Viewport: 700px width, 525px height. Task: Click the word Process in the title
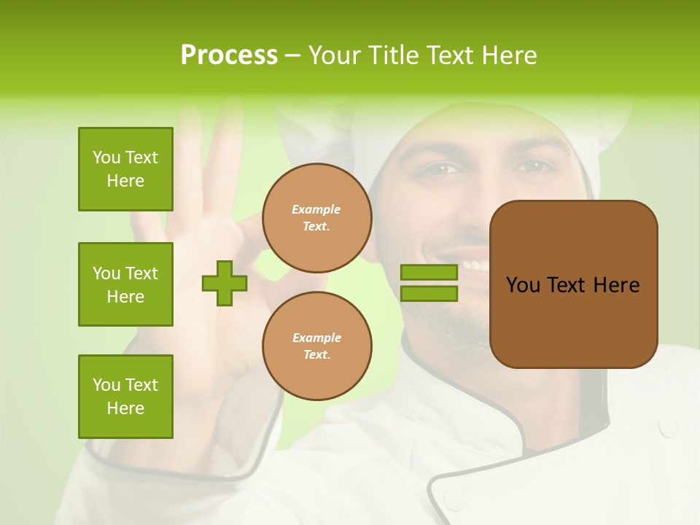point(229,55)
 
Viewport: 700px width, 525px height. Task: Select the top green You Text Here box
point(125,169)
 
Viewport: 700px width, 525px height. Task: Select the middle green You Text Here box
point(125,284)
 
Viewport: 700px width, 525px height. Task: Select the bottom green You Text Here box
point(125,397)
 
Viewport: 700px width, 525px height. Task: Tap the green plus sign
point(225,284)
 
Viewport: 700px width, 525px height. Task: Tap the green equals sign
point(429,283)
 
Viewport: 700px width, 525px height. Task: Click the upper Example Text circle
point(316,218)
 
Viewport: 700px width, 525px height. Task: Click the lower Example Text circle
point(316,346)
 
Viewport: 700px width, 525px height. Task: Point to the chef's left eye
point(536,166)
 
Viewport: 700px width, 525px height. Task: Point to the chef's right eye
point(438,169)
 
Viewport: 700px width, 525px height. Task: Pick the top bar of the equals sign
point(429,273)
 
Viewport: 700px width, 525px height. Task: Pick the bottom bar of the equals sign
point(429,293)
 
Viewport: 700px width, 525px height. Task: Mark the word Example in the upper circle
point(316,209)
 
